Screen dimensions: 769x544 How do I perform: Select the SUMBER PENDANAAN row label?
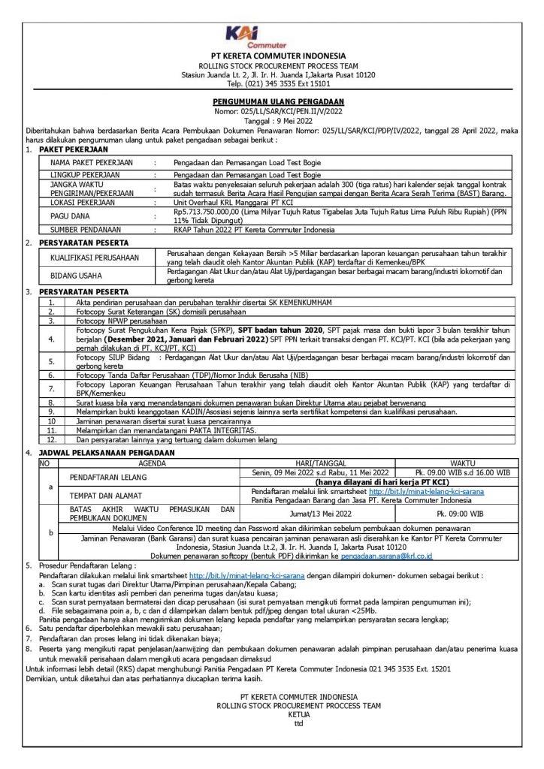pos(83,230)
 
